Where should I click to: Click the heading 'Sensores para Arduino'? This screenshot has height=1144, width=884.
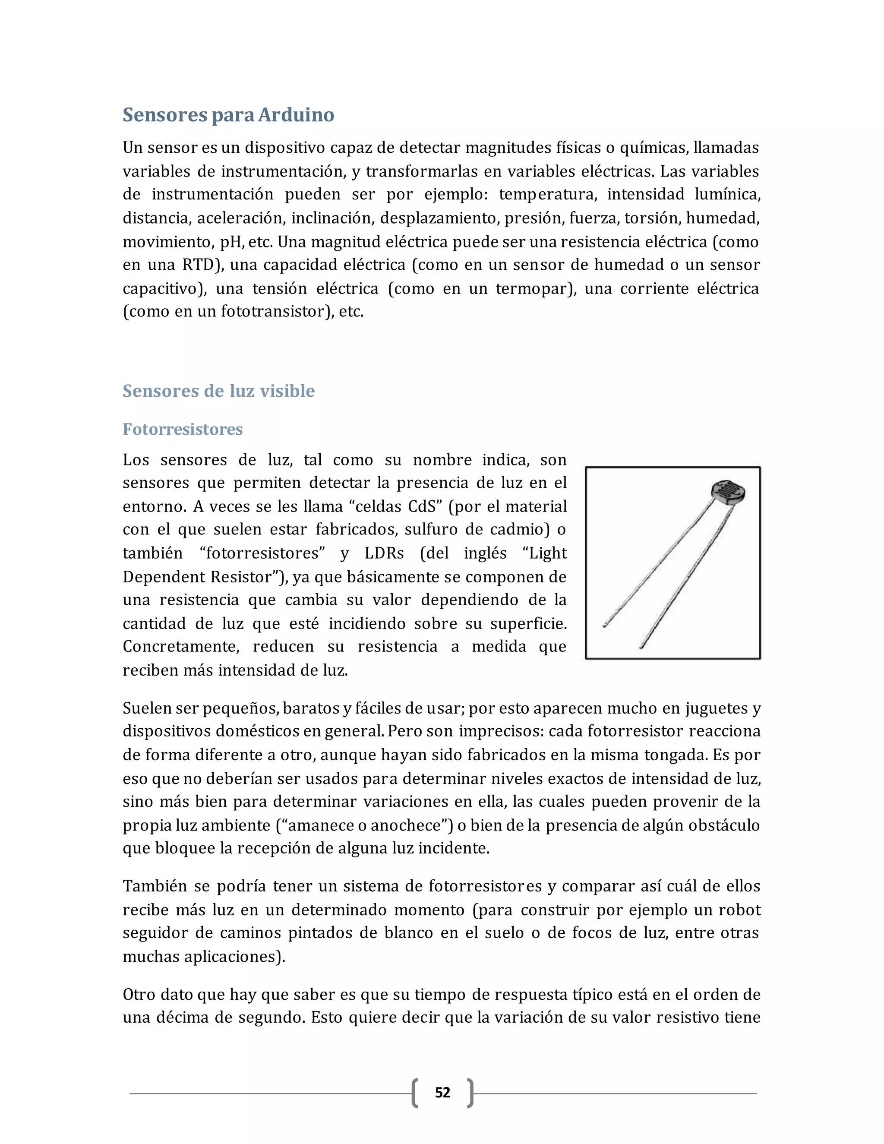point(228,115)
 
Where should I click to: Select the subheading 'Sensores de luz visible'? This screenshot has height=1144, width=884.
point(218,391)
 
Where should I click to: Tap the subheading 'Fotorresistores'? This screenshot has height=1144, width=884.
point(183,429)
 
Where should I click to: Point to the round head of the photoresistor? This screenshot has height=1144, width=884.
point(728,493)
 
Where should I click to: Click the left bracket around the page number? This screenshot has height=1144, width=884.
point(415,1093)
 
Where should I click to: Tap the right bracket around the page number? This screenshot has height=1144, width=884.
point(470,1093)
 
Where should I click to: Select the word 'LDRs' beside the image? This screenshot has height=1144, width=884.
point(385,553)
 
